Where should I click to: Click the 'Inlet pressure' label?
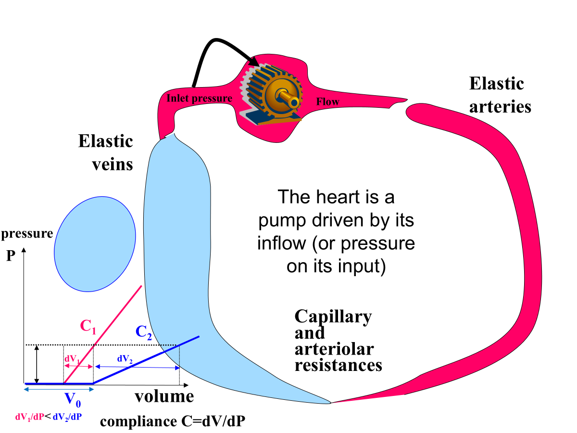coord(199,99)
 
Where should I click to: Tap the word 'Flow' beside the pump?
coord(327,102)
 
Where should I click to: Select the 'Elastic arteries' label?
coord(500,95)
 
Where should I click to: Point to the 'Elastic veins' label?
coord(105,153)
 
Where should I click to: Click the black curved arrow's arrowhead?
coord(252,61)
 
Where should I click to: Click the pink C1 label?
coord(88,327)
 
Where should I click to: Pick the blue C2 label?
coord(144,332)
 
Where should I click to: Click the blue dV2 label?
coord(124,358)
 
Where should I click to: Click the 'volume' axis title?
coord(164,396)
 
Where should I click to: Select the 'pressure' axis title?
coord(27,234)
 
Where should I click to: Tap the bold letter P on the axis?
coord(11,256)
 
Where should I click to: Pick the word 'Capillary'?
coord(333,317)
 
